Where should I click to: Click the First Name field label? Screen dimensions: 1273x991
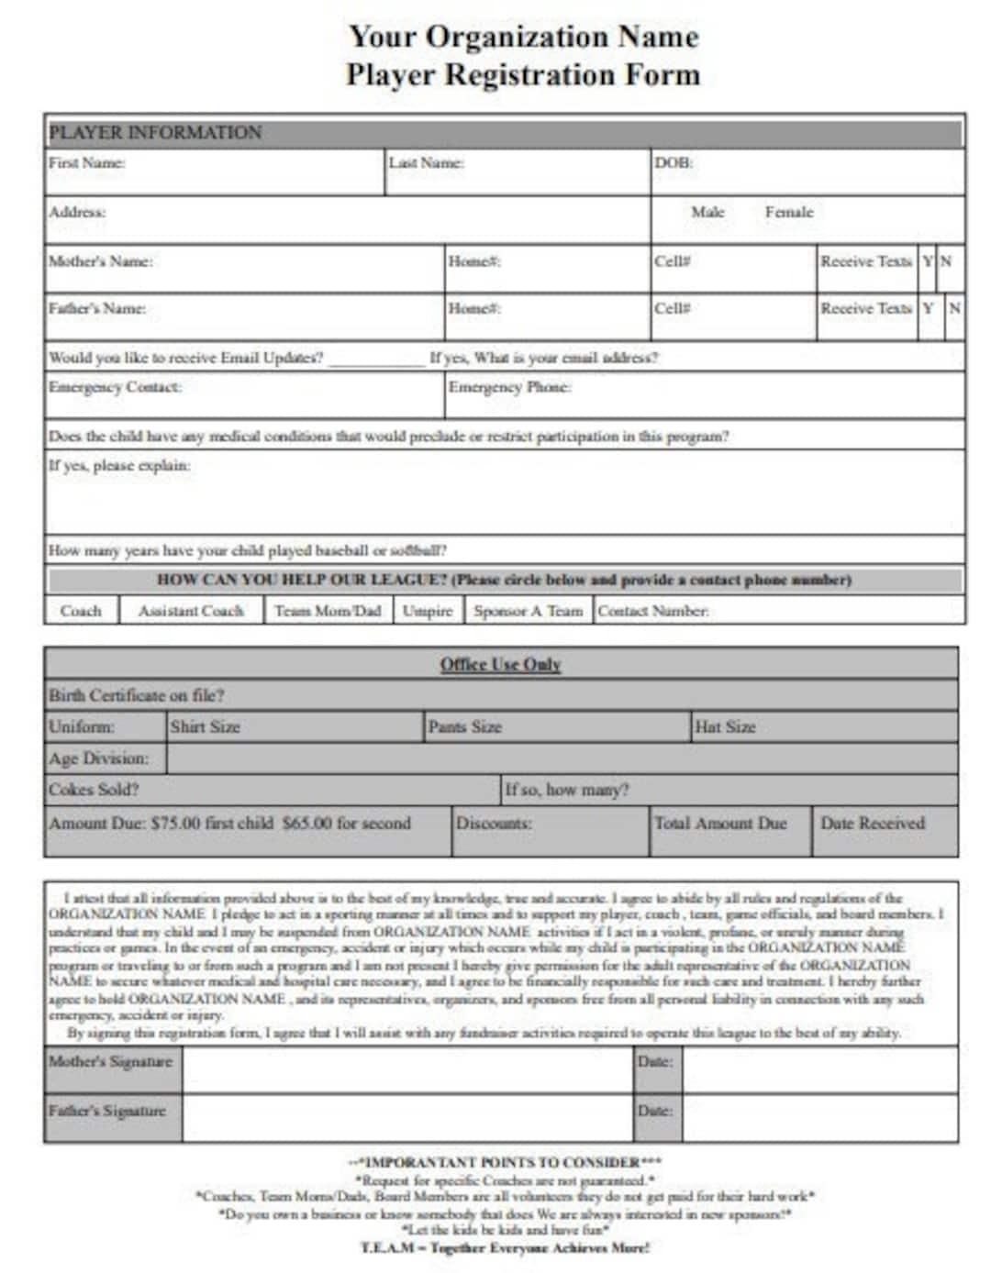(x=86, y=163)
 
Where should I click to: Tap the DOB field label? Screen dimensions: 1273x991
(x=673, y=163)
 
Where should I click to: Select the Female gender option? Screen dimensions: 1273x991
(x=788, y=212)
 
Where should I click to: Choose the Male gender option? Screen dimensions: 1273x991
(x=707, y=212)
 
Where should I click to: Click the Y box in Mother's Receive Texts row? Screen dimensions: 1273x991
(x=928, y=261)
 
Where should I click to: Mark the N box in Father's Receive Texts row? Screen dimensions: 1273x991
(x=954, y=308)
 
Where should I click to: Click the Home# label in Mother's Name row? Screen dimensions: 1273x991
(x=473, y=261)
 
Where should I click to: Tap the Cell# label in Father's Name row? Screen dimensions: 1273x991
(x=672, y=308)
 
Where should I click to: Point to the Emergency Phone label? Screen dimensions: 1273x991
(x=509, y=387)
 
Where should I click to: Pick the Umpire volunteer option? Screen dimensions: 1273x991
(x=428, y=611)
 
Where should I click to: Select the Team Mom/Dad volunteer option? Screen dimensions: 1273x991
(x=328, y=611)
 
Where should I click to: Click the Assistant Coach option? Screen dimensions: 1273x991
(x=191, y=611)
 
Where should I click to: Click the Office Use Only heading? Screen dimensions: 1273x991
(x=500, y=664)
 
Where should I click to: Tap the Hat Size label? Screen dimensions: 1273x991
(x=725, y=727)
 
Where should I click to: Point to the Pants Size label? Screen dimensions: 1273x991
(x=464, y=727)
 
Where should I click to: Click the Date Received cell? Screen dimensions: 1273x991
(x=873, y=823)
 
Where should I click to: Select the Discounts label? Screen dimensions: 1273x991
(x=494, y=823)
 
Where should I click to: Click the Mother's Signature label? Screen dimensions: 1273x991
(x=110, y=1062)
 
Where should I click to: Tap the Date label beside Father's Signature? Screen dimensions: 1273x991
(x=655, y=1111)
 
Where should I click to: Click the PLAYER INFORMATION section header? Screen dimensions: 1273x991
(x=155, y=132)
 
